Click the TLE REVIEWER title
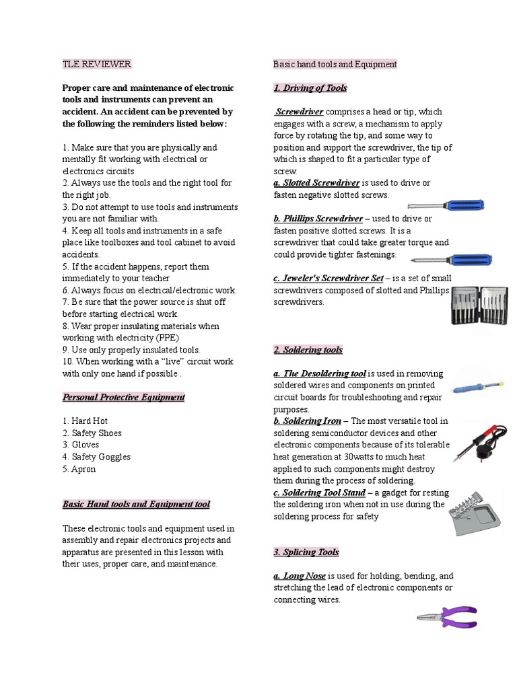tap(96, 65)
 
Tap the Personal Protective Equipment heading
tap(123, 397)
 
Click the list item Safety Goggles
tap(96, 457)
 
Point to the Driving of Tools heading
tap(310, 88)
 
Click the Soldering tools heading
tap(308, 350)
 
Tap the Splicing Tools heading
tap(306, 552)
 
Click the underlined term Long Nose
tap(300, 576)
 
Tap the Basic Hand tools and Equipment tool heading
tap(136, 504)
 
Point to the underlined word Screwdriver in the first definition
tap(300, 112)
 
